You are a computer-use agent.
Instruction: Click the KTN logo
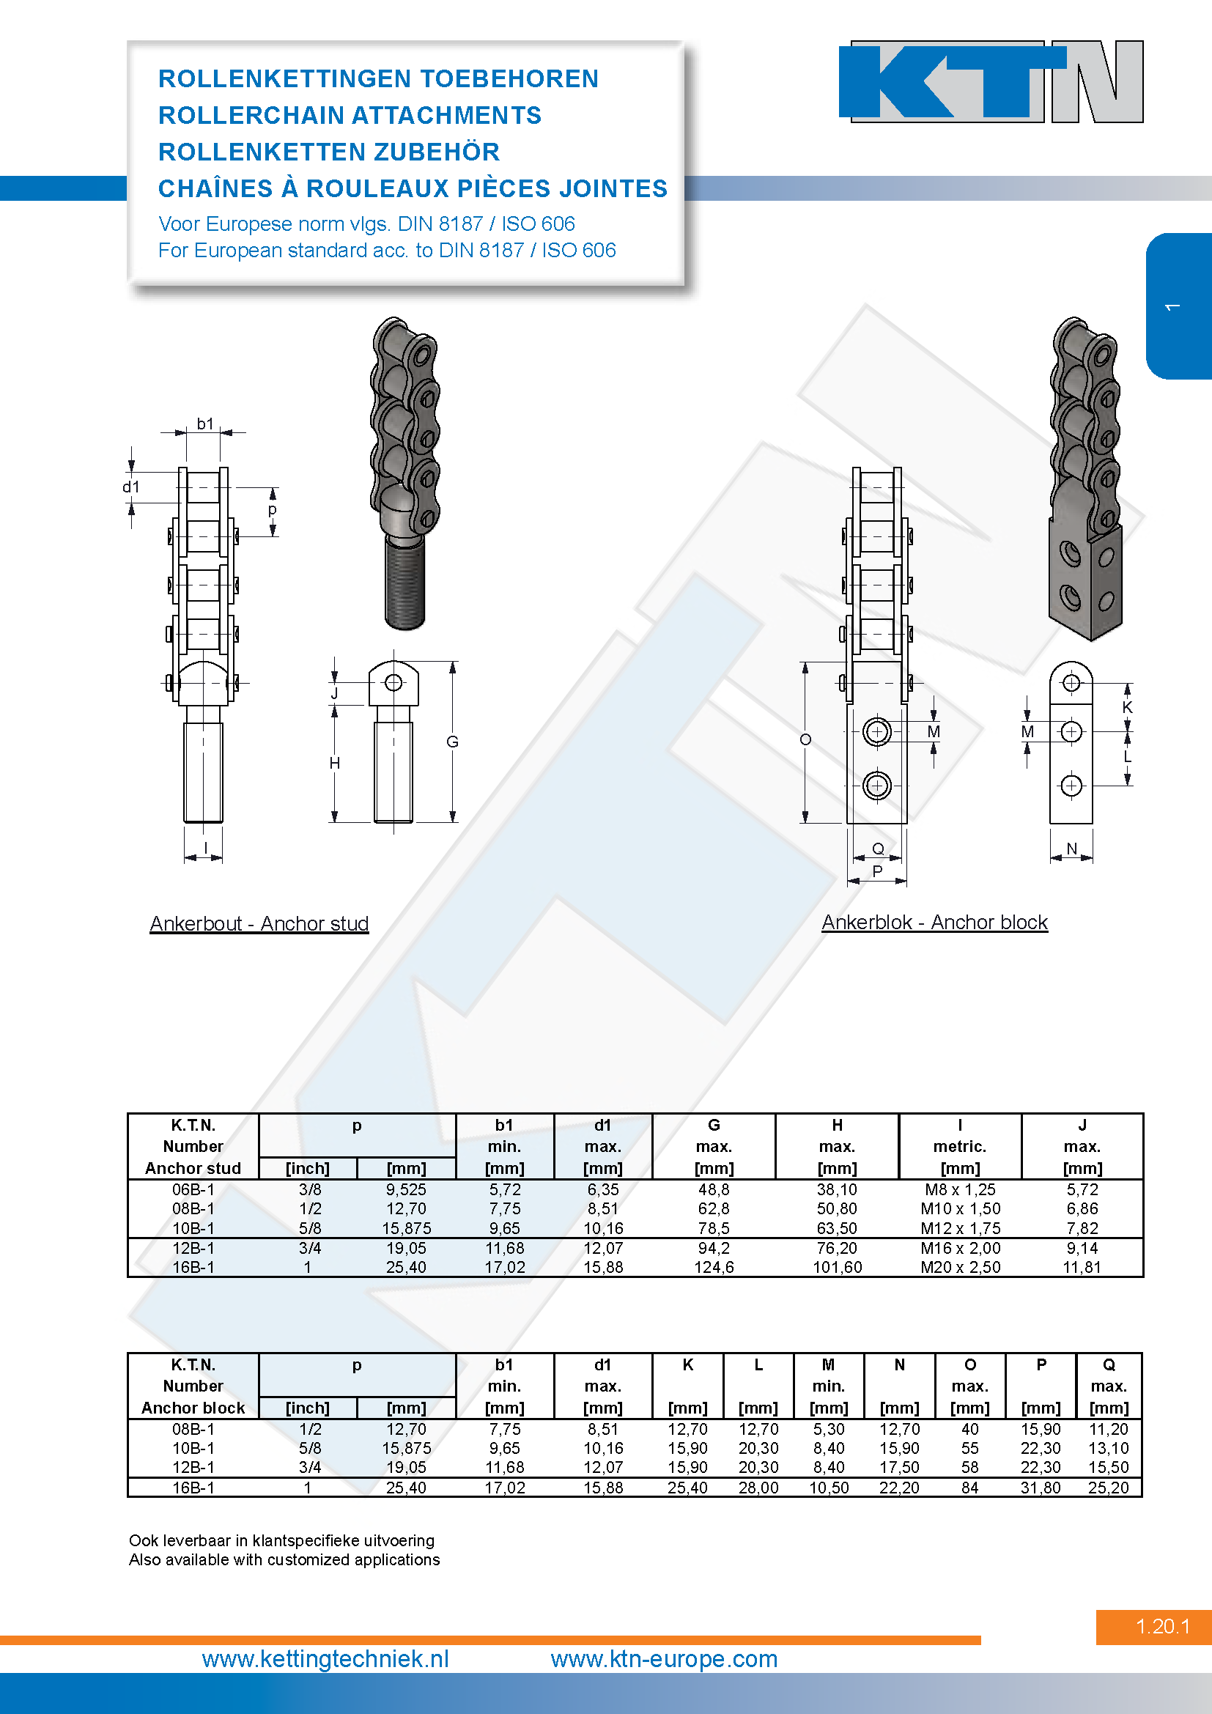click(991, 81)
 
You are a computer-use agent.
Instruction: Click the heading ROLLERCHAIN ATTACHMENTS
click(350, 115)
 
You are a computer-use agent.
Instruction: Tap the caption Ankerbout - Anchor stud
click(259, 923)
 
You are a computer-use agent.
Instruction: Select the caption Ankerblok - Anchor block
click(934, 922)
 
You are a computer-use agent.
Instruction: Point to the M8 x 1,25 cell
click(960, 1189)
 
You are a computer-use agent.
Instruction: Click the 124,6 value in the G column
click(714, 1267)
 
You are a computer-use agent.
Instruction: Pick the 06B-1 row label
click(193, 1189)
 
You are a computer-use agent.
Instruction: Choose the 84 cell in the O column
click(969, 1487)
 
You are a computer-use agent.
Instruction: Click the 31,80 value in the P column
click(1041, 1487)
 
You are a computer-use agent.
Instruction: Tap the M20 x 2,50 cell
click(960, 1267)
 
